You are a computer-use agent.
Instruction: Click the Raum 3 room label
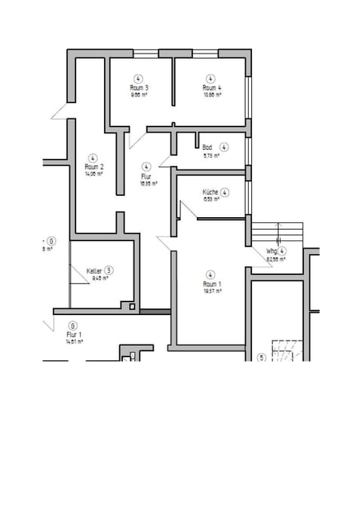point(139,88)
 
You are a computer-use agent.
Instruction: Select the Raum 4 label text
point(211,88)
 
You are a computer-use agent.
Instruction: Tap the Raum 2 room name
point(94,167)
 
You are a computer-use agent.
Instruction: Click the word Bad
point(207,148)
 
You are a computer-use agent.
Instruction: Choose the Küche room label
point(210,192)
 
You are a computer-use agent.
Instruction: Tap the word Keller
point(94,270)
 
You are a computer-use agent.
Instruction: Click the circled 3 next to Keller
point(109,270)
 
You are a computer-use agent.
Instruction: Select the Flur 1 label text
point(74,333)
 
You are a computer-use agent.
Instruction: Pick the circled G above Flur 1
point(73,326)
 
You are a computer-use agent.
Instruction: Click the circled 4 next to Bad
point(224,147)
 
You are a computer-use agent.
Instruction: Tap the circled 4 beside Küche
point(225,192)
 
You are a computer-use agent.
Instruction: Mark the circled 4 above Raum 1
point(210,275)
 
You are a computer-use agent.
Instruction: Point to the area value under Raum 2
point(94,173)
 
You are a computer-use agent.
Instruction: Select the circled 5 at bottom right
point(262,357)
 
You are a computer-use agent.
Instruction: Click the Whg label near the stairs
point(271,251)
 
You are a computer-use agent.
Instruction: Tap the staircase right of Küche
point(277,230)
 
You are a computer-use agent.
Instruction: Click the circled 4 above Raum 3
point(139,78)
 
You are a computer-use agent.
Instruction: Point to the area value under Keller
point(100,278)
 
